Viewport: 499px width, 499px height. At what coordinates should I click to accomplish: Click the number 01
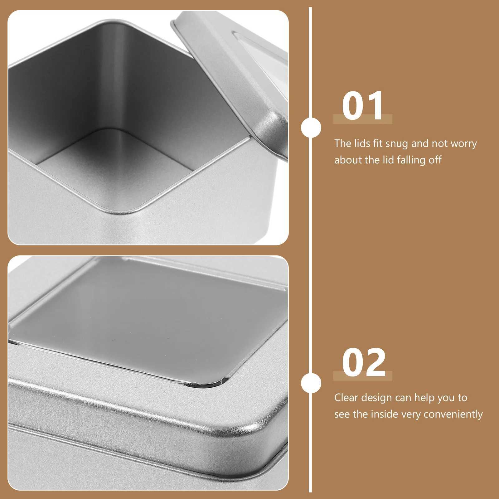coord(362,106)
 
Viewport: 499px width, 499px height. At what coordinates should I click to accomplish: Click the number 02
coord(363,363)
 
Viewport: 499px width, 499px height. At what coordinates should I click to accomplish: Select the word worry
coord(464,144)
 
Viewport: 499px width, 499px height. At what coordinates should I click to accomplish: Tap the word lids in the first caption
coord(362,143)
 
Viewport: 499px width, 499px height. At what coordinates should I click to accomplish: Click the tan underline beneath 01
coord(362,119)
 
